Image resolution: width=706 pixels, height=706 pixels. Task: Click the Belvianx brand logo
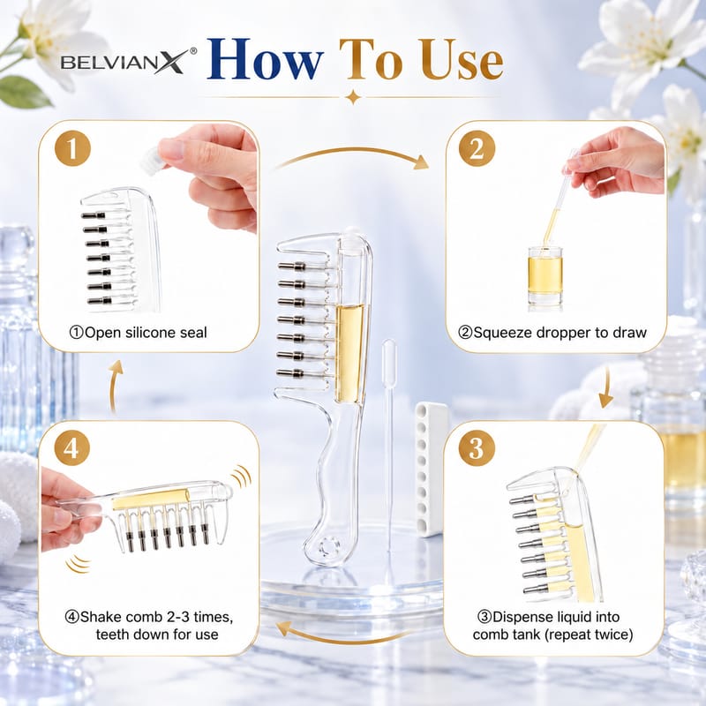(x=128, y=61)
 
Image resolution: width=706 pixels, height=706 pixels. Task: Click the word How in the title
(x=266, y=59)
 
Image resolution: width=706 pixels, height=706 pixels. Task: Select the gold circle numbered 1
(x=72, y=148)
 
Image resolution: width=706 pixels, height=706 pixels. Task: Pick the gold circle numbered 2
(x=477, y=148)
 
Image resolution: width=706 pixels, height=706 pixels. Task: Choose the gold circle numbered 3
(x=477, y=447)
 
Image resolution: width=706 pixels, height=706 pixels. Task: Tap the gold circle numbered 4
(x=72, y=448)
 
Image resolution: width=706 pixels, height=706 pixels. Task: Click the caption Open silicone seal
(x=139, y=333)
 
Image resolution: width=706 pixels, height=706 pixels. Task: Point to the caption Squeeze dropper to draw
(x=552, y=333)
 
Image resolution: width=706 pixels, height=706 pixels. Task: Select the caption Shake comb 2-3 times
(x=149, y=616)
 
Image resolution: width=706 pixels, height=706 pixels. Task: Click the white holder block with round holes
(x=431, y=469)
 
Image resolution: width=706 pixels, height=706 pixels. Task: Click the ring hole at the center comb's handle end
(x=328, y=547)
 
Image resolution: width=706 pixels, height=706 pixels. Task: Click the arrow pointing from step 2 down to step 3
(x=606, y=387)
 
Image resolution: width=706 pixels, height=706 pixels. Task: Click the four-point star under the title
(x=354, y=97)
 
